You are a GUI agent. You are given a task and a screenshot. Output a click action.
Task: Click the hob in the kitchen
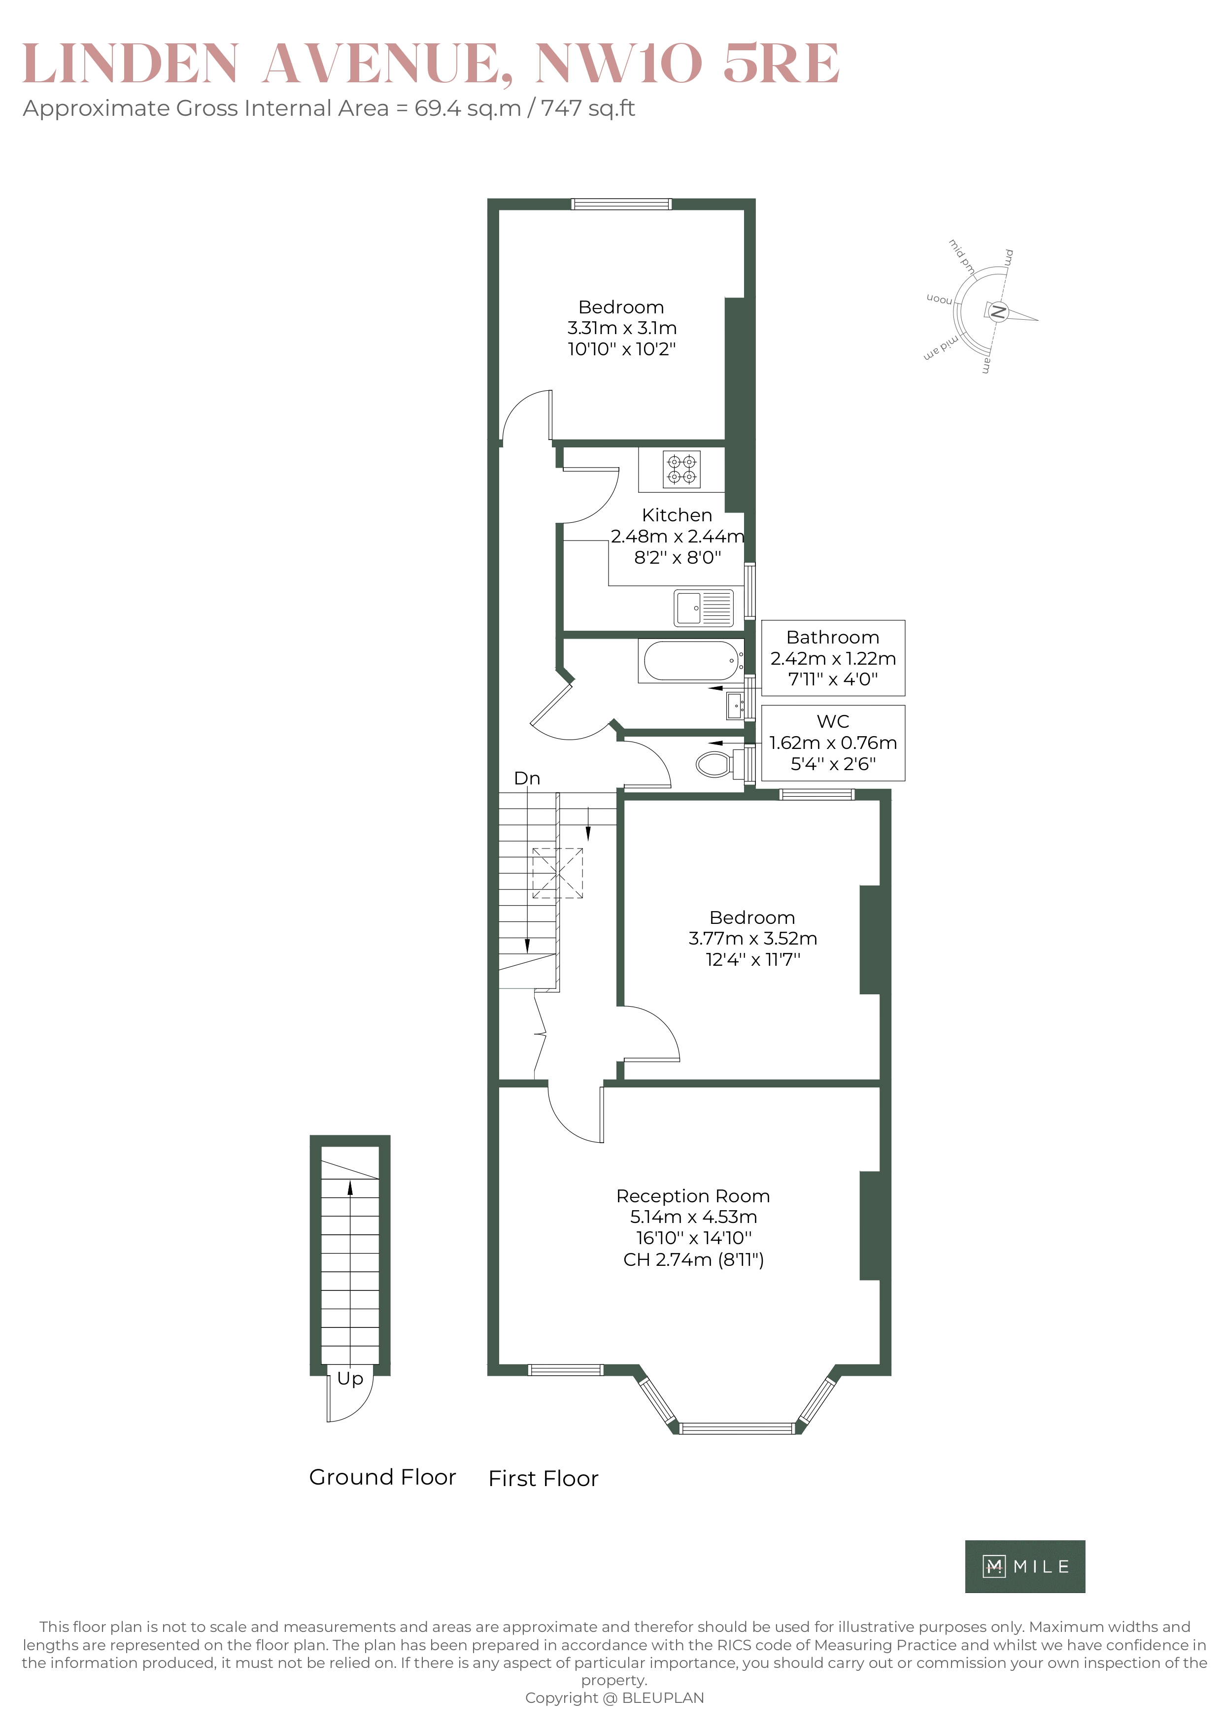coord(681,469)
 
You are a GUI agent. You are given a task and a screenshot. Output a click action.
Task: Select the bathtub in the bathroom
coord(690,661)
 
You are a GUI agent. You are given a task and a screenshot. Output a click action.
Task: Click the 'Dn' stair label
coord(527,779)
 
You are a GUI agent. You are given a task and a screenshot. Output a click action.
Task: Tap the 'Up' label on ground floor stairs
coord(350,1378)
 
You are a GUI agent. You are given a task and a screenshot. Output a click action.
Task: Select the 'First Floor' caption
coord(543,1478)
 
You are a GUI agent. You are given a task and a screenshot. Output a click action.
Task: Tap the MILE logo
coord(1025,1566)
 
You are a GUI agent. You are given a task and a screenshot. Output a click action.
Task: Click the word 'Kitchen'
coord(677,515)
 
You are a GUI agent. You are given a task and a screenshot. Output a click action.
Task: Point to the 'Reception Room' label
coord(693,1196)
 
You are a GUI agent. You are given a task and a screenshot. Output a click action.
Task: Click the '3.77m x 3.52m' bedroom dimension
coord(752,938)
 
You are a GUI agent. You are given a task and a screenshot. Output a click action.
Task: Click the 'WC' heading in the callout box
coord(833,721)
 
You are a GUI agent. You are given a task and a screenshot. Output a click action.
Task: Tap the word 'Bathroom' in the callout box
coord(833,637)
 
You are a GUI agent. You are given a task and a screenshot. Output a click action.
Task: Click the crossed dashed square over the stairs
coord(558,873)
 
